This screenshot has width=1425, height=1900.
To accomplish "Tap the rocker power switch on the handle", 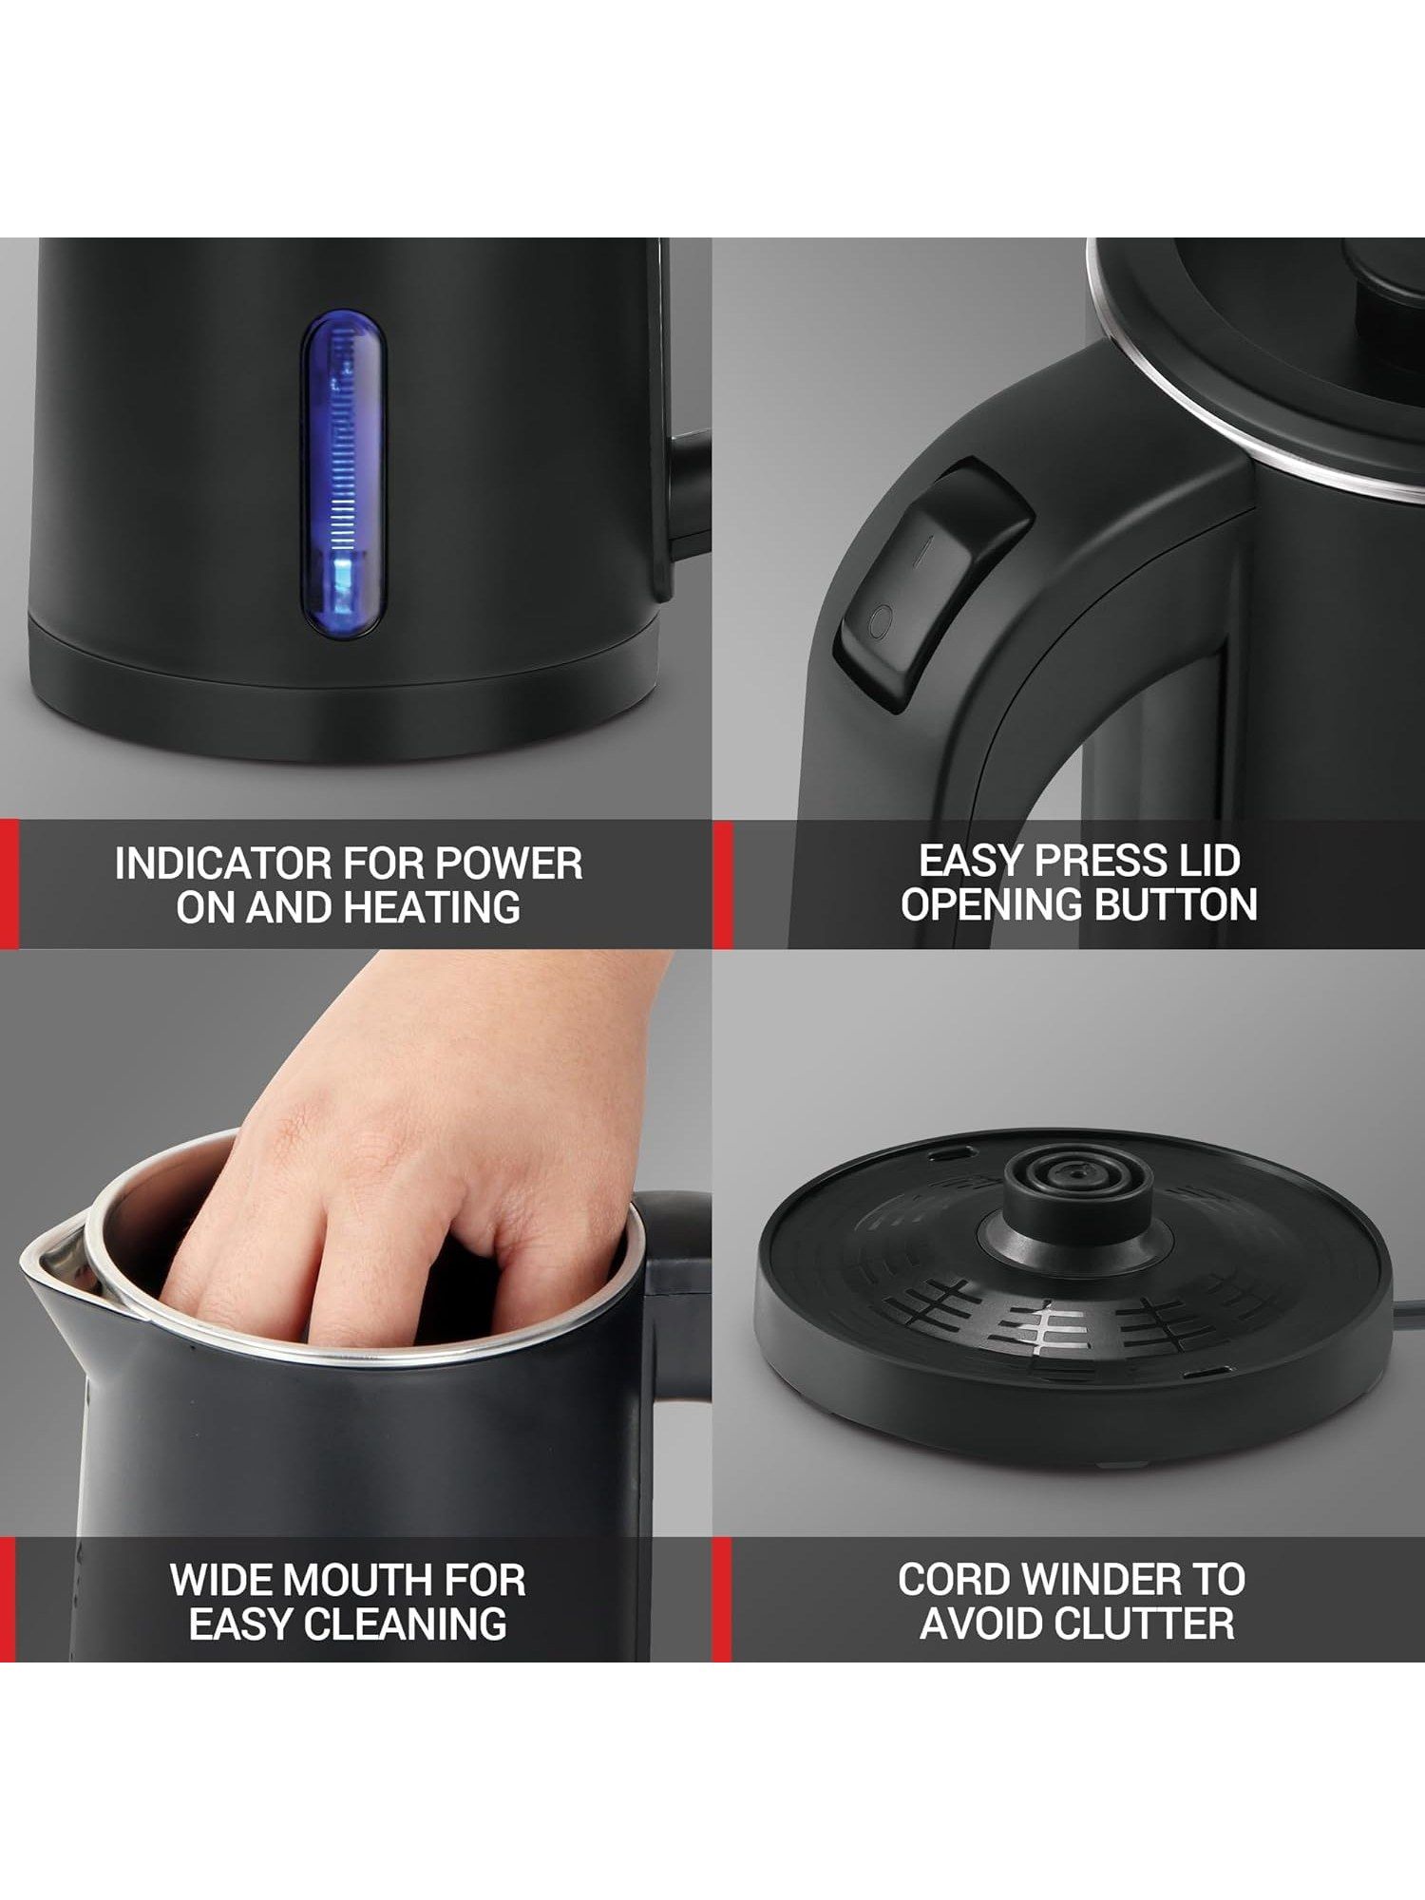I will [x=930, y=586].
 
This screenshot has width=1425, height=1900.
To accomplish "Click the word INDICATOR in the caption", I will [x=223, y=864].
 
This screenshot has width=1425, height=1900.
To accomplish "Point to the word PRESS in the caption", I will [x=1099, y=861].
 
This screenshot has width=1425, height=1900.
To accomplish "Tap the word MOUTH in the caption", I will [x=354, y=1580].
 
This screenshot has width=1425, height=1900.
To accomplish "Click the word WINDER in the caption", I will [x=1104, y=1579].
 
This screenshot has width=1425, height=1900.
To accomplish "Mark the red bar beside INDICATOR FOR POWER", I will [x=9, y=884].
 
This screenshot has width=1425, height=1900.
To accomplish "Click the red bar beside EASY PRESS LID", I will [x=722, y=884].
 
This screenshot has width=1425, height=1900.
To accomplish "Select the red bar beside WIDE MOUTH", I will [x=9, y=1601].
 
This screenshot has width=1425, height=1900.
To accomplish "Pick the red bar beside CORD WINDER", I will [x=722, y=1601].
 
